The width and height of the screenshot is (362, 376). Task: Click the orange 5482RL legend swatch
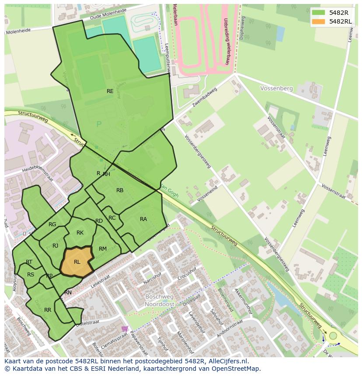pyautogui.click(x=318, y=21)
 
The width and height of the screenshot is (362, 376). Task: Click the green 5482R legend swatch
pyautogui.click(x=318, y=13)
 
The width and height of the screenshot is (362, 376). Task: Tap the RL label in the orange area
pyautogui.click(x=77, y=262)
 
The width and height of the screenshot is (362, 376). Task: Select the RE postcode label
pyautogui.click(x=110, y=91)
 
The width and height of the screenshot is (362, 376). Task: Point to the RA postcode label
pyautogui.click(x=143, y=219)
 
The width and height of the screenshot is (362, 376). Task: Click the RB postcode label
pyautogui.click(x=120, y=190)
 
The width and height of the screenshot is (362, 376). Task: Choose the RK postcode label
pyautogui.click(x=80, y=233)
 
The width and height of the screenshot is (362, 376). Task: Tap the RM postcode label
pyautogui.click(x=103, y=249)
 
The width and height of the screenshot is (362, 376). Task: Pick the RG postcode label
pyautogui.click(x=52, y=224)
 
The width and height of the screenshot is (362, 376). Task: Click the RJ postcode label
pyautogui.click(x=56, y=246)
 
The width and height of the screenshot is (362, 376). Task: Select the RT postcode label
pyautogui.click(x=29, y=262)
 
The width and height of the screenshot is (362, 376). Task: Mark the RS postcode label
pyautogui.click(x=31, y=275)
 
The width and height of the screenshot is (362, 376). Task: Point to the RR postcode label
pyautogui.click(x=48, y=310)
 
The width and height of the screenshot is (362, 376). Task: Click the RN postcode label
pyautogui.click(x=68, y=293)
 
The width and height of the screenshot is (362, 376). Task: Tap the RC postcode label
pyautogui.click(x=112, y=218)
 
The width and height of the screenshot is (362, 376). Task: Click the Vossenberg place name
pyautogui.click(x=276, y=88)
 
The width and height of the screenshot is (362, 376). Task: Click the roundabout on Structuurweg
pyautogui.click(x=333, y=335)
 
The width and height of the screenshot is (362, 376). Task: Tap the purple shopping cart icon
pyautogui.click(x=125, y=328)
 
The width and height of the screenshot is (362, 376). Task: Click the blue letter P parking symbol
pyautogui.click(x=99, y=124)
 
